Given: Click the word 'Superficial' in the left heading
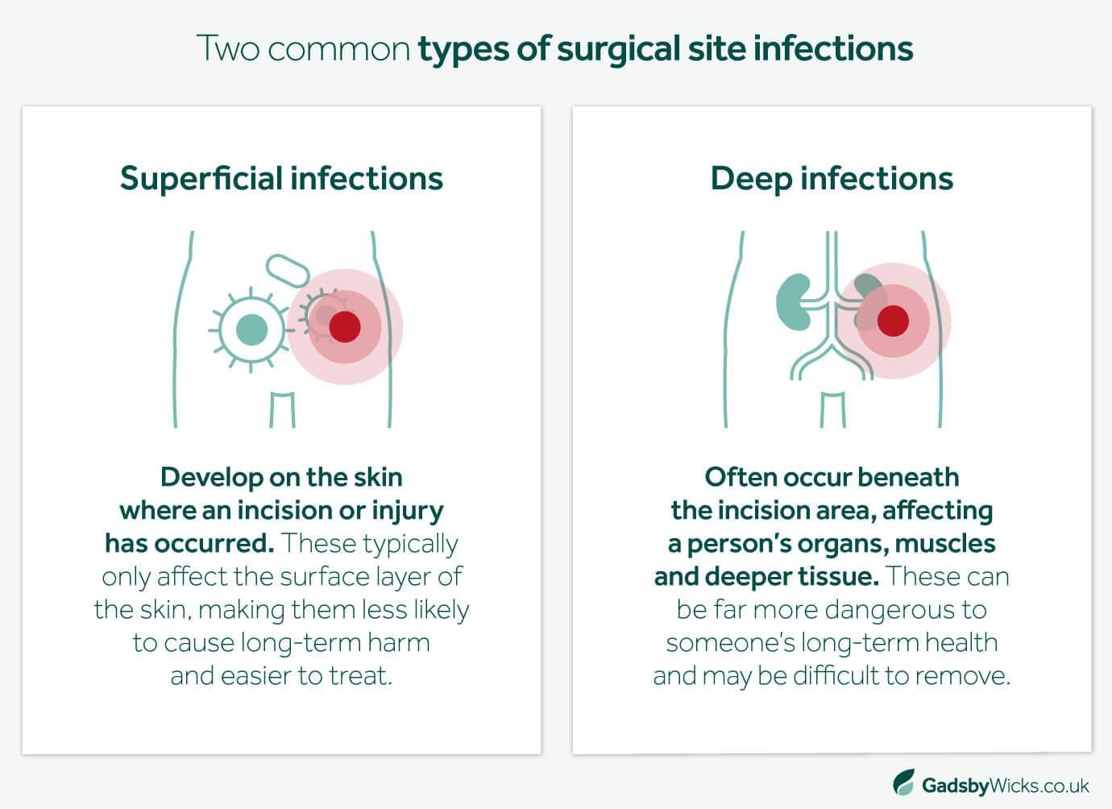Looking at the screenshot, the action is coord(201,179).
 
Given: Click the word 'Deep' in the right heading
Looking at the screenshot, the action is coord(751,180).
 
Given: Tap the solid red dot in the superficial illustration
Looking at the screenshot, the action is coord(345,326).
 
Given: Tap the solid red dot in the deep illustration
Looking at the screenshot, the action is coord(893,321).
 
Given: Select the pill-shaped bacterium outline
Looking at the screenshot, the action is coord(288,271).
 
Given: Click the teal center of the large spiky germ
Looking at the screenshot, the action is coord(252,330).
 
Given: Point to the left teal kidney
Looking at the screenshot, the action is coord(793,301).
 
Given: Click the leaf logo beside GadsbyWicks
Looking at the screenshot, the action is coord(904,782).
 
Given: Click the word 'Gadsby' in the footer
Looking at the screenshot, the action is coord(956,786).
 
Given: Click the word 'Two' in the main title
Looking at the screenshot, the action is coord(228,48).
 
